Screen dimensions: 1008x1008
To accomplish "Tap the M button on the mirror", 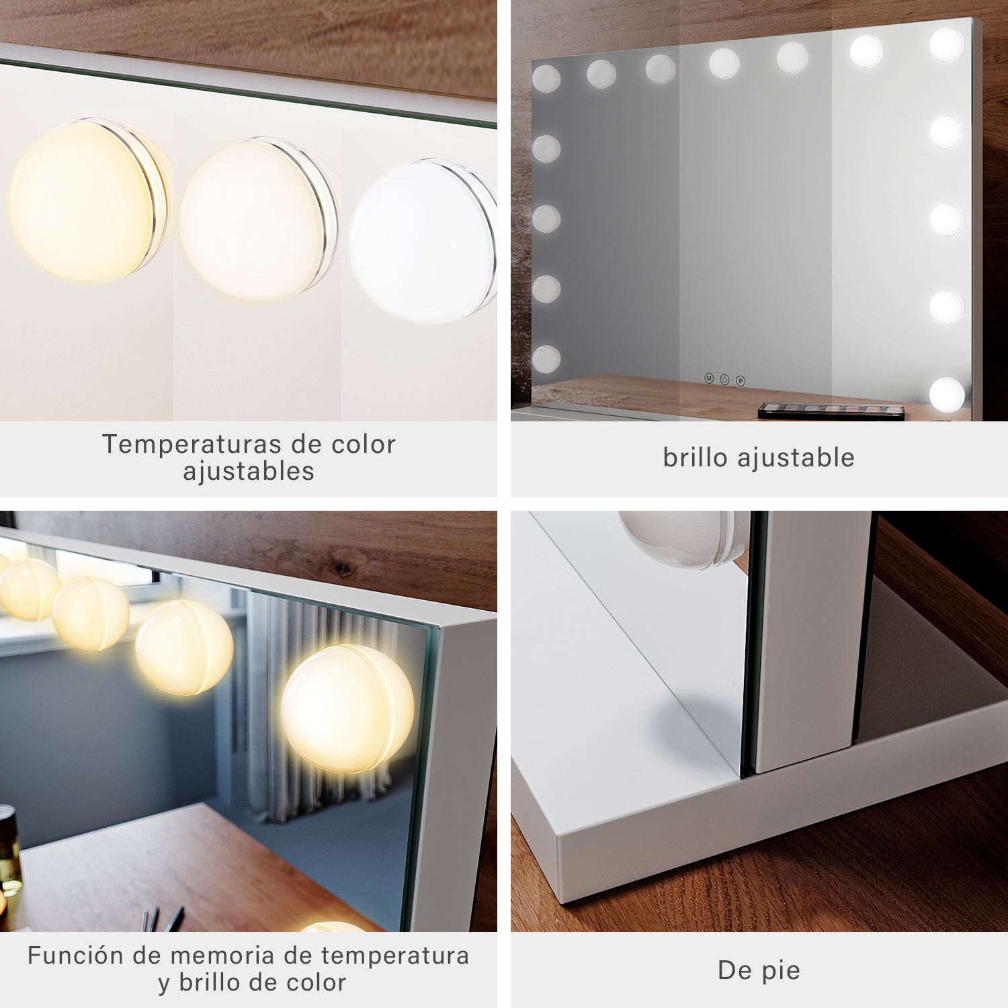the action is tap(709, 378).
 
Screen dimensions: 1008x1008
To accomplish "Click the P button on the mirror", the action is tap(741, 381).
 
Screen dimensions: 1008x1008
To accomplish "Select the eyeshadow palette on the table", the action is tap(831, 411).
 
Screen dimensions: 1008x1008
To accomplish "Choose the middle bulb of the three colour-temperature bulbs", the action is tap(259, 218).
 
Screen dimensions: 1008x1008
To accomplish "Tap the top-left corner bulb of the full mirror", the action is tap(546, 79).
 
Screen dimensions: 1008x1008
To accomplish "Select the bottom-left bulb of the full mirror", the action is tap(546, 359).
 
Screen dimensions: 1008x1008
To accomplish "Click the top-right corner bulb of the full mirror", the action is tap(947, 44).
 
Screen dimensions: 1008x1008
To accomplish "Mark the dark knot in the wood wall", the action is tap(343, 569).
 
